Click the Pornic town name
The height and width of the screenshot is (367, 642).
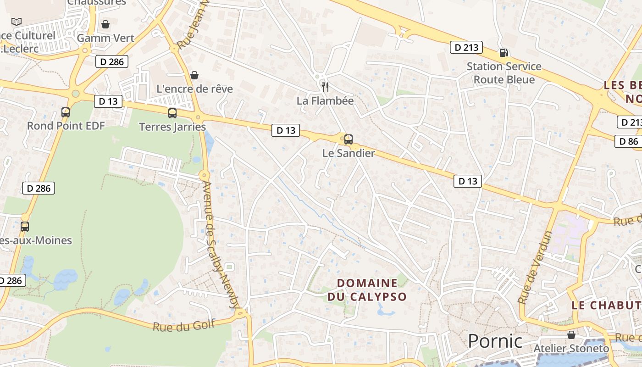495,341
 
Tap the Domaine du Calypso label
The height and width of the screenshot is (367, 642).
367,290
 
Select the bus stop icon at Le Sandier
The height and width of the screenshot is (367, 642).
349,139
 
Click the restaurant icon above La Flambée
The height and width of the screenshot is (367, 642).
325,87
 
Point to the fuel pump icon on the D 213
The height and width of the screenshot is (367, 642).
504,53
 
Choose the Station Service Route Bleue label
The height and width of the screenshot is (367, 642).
504,73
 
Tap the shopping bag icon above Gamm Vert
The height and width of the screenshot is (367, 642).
105,24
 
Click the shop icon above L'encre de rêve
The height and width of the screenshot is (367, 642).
194,75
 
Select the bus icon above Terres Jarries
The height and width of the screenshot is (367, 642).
172,113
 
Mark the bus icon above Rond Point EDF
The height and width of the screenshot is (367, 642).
66,112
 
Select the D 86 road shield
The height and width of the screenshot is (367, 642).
628,141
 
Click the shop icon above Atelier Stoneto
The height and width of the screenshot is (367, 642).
571,335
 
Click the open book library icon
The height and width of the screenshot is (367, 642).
17,22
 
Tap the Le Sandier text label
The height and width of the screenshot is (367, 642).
349,153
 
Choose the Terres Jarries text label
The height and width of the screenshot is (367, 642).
172,127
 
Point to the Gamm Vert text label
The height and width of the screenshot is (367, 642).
105,38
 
